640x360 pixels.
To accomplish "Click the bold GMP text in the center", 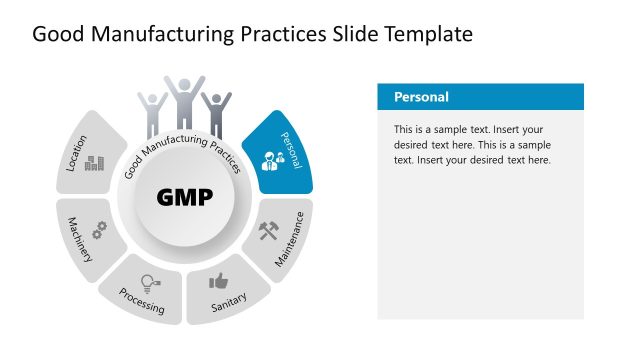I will click(185, 197).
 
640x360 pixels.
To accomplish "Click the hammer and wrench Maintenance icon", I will click(270, 231).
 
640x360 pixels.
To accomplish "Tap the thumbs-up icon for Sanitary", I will click(218, 281).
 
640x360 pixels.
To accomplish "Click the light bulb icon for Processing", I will click(149, 282).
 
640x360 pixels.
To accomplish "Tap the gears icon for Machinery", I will click(100, 229).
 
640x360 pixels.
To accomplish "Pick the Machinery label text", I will click(80, 240).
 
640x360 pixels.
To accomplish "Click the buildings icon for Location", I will click(94, 163).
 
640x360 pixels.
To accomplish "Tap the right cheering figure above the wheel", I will click(215, 112).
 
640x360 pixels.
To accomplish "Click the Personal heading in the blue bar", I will click(421, 97).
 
